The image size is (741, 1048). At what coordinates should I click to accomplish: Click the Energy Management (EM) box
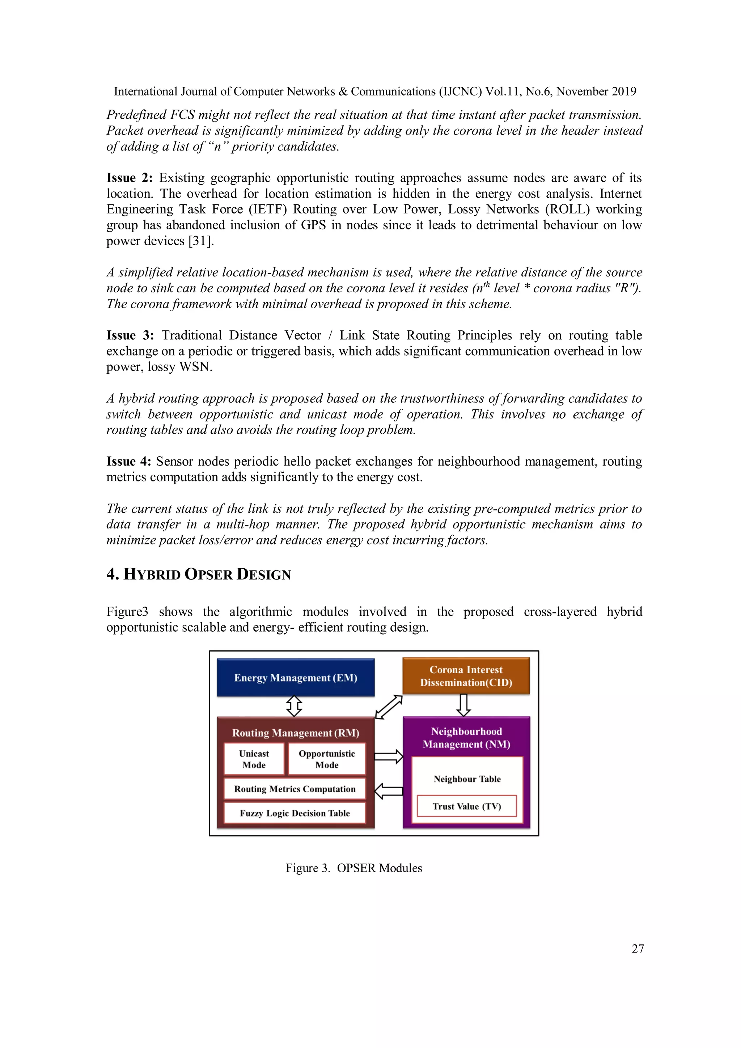point(295,677)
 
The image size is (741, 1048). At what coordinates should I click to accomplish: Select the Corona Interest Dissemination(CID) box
point(466,676)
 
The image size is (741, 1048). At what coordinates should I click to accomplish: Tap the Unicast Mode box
point(254,759)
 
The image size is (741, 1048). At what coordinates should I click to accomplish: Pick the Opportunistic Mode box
point(327,759)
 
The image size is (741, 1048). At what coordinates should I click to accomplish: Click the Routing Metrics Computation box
point(295,789)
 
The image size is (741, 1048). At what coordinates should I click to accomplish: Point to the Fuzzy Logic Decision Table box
point(295,813)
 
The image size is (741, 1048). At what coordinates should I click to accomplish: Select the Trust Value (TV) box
point(467,806)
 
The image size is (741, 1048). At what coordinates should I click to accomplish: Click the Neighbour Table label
point(467,779)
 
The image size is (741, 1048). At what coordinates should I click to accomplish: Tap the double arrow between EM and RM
point(294,706)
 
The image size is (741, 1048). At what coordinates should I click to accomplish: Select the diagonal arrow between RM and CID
point(389,707)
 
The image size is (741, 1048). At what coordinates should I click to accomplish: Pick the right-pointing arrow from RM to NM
point(389,757)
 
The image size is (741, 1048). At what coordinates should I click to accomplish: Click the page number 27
point(638,949)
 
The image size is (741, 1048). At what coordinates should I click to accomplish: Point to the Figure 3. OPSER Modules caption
point(354,868)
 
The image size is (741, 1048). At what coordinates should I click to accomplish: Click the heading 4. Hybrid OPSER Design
point(199,574)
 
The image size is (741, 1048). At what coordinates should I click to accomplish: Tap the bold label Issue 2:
point(129,178)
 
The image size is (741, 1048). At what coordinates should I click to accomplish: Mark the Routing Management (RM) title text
point(295,733)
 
